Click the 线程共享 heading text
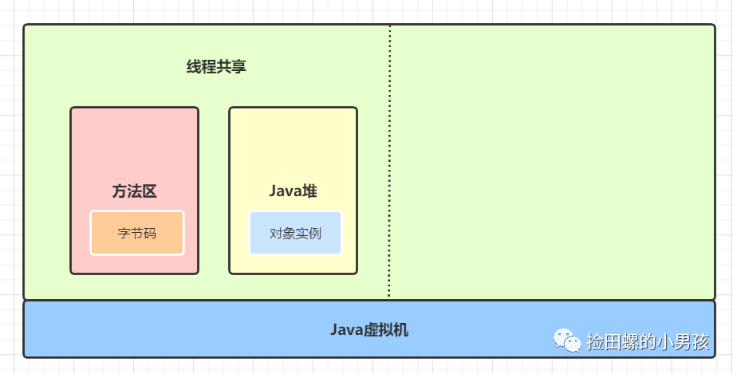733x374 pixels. click(216, 67)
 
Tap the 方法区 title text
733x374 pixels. click(134, 191)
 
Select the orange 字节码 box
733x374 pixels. click(137, 233)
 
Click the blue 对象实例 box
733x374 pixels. click(295, 233)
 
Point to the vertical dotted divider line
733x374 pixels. click(390, 159)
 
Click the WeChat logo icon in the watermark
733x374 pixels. click(568, 341)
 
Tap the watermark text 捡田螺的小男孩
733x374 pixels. click(647, 342)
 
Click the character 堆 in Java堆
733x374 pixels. click(310, 191)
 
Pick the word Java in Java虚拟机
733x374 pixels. click(346, 329)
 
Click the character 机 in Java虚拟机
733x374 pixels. click(401, 329)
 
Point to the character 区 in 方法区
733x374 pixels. click(149, 191)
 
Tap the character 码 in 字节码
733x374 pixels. click(150, 234)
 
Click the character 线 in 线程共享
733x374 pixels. click(194, 67)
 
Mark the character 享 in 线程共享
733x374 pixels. click(239, 67)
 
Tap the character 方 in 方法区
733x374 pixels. click(119, 191)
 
